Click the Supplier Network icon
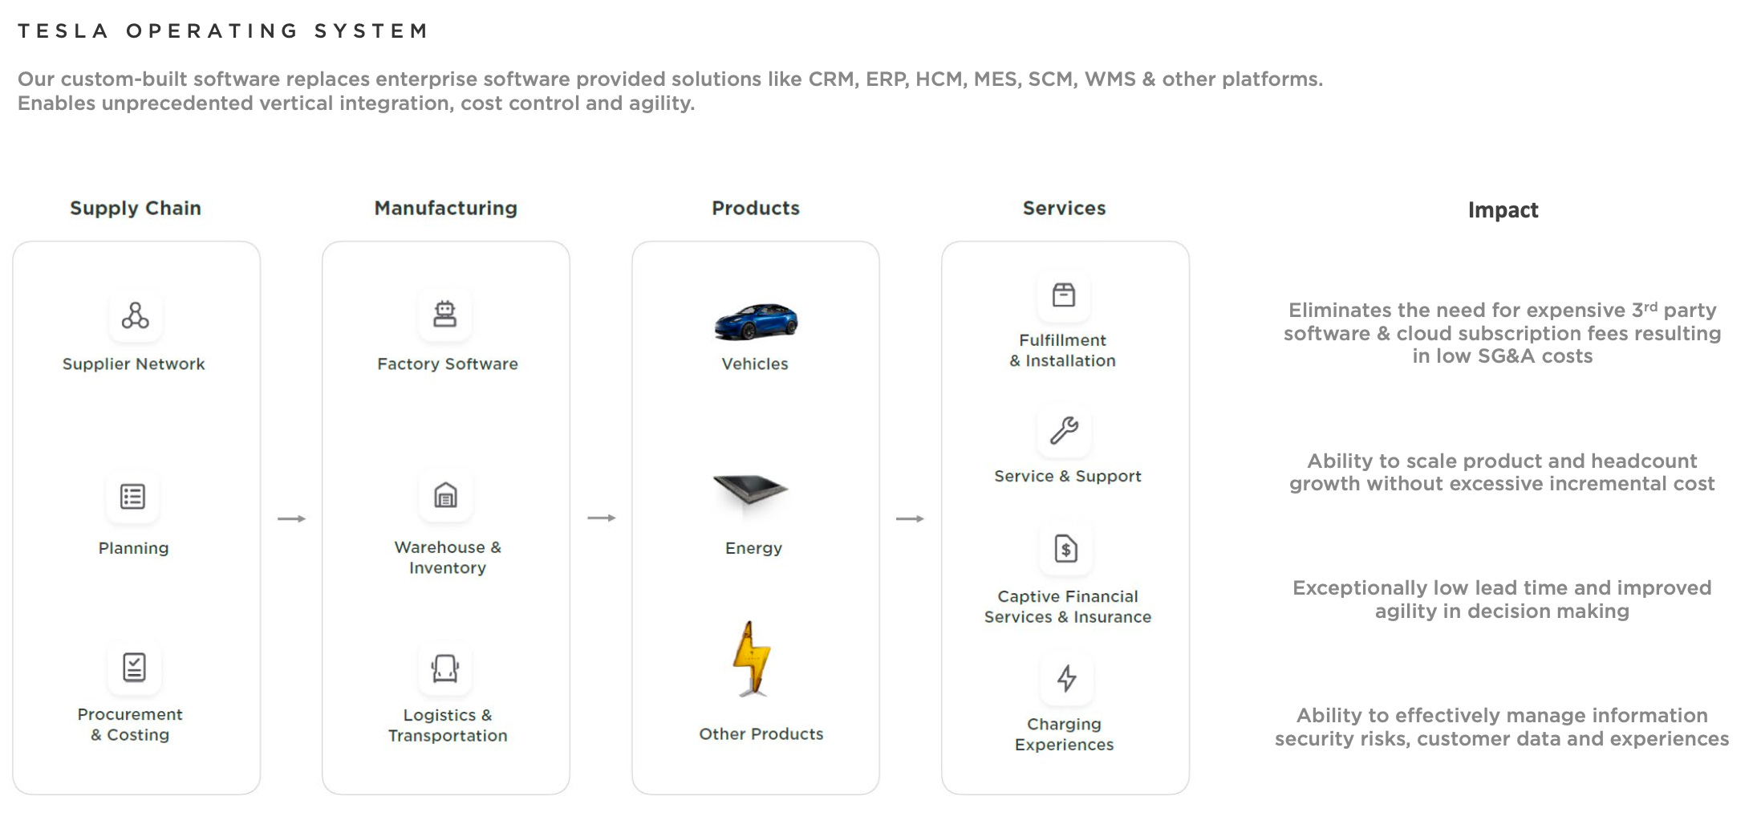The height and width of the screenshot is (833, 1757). coord(135,315)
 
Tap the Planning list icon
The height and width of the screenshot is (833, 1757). coord(132,497)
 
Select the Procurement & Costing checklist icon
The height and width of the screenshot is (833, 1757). coord(134,667)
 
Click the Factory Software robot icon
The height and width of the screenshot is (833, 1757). coord(444,314)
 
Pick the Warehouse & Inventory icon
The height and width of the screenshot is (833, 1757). coord(445,495)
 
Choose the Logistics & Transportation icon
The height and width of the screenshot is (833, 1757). coord(444,668)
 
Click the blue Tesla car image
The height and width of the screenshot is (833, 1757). coord(756,322)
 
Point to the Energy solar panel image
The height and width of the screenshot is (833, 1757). coord(751,490)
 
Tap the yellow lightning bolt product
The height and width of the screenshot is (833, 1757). coord(752,658)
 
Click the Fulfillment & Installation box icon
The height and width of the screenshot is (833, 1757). coord(1064,295)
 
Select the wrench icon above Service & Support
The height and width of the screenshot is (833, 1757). coord(1065,431)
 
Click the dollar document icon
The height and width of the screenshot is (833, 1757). coord(1065,549)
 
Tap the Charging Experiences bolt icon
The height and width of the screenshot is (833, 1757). coord(1066,678)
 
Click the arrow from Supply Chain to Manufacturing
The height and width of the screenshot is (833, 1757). coord(291,519)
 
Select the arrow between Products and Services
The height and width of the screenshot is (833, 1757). coord(910,519)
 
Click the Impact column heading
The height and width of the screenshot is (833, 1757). coord(1503,210)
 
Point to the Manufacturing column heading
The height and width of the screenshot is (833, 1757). coord(445,208)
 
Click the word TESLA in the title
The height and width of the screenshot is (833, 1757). coord(63,31)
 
